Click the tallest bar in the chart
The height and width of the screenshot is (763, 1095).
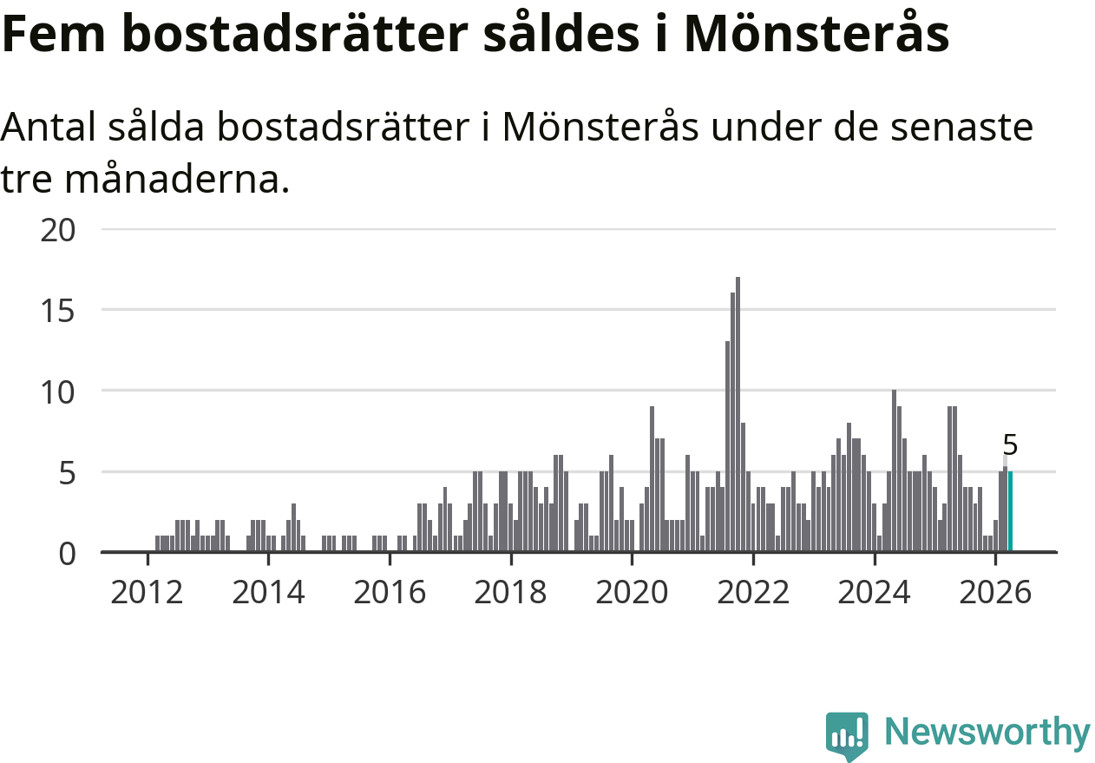pyautogui.click(x=738, y=414)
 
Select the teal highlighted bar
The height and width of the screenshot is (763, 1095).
pyautogui.click(x=1010, y=511)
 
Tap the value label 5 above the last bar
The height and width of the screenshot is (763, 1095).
pyautogui.click(x=1010, y=445)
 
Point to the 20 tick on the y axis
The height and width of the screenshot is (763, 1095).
pyautogui.click(x=57, y=230)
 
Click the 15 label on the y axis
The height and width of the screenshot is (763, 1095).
pyautogui.click(x=57, y=311)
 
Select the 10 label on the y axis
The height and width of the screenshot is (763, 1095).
pyautogui.click(x=57, y=392)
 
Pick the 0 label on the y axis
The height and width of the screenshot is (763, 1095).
pyautogui.click(x=67, y=554)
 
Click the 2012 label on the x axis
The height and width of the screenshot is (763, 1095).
pyautogui.click(x=148, y=592)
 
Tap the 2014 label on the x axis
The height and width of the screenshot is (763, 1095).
pyautogui.click(x=268, y=592)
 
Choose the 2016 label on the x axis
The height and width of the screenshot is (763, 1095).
pyautogui.click(x=390, y=592)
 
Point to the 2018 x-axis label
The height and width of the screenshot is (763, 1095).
pyautogui.click(x=511, y=592)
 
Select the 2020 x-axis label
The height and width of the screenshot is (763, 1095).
pyautogui.click(x=632, y=592)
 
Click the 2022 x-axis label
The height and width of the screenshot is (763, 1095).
pyautogui.click(x=753, y=592)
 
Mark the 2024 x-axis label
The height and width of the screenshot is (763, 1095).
pyautogui.click(x=875, y=592)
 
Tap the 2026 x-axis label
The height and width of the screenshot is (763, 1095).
pyautogui.click(x=996, y=592)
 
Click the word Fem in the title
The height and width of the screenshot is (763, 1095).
pyautogui.click(x=54, y=34)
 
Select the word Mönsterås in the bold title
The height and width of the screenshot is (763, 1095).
pyautogui.click(x=816, y=32)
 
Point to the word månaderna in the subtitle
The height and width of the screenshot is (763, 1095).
pyautogui.click(x=177, y=179)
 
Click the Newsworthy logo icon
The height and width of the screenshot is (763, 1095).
pyautogui.click(x=847, y=736)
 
